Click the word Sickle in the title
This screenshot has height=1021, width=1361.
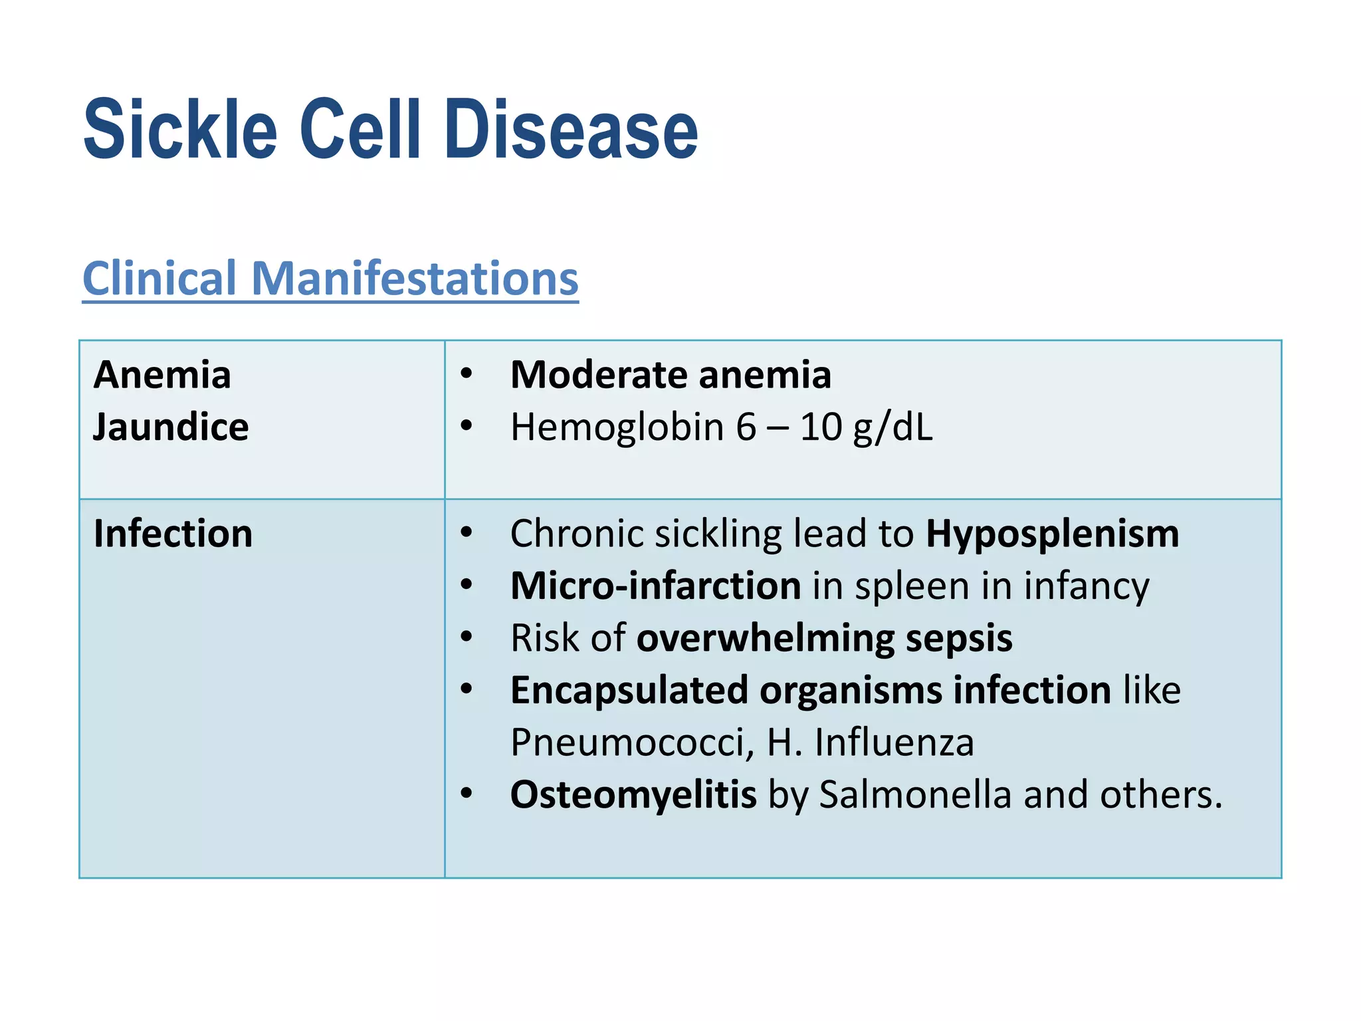(180, 130)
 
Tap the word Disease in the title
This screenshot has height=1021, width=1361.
(571, 130)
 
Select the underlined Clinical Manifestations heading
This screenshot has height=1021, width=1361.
(330, 279)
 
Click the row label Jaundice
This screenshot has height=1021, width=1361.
(171, 427)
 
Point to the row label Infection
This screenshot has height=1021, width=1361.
(173, 534)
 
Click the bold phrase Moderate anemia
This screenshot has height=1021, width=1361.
(671, 375)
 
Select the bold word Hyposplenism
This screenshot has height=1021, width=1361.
(1052, 534)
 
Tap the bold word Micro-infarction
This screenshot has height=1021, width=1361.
(655, 586)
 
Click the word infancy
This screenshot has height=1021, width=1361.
(1086, 586)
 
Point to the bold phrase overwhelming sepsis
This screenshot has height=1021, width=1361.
(824, 638)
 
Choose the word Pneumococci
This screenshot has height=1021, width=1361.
(632, 742)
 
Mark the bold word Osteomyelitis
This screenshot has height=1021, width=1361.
(633, 794)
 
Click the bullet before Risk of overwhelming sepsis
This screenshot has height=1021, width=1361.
(467, 637)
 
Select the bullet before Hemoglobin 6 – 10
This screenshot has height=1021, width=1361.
(467, 426)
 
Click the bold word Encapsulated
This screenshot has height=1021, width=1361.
(629, 690)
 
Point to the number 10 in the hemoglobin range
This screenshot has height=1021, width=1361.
(821, 427)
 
